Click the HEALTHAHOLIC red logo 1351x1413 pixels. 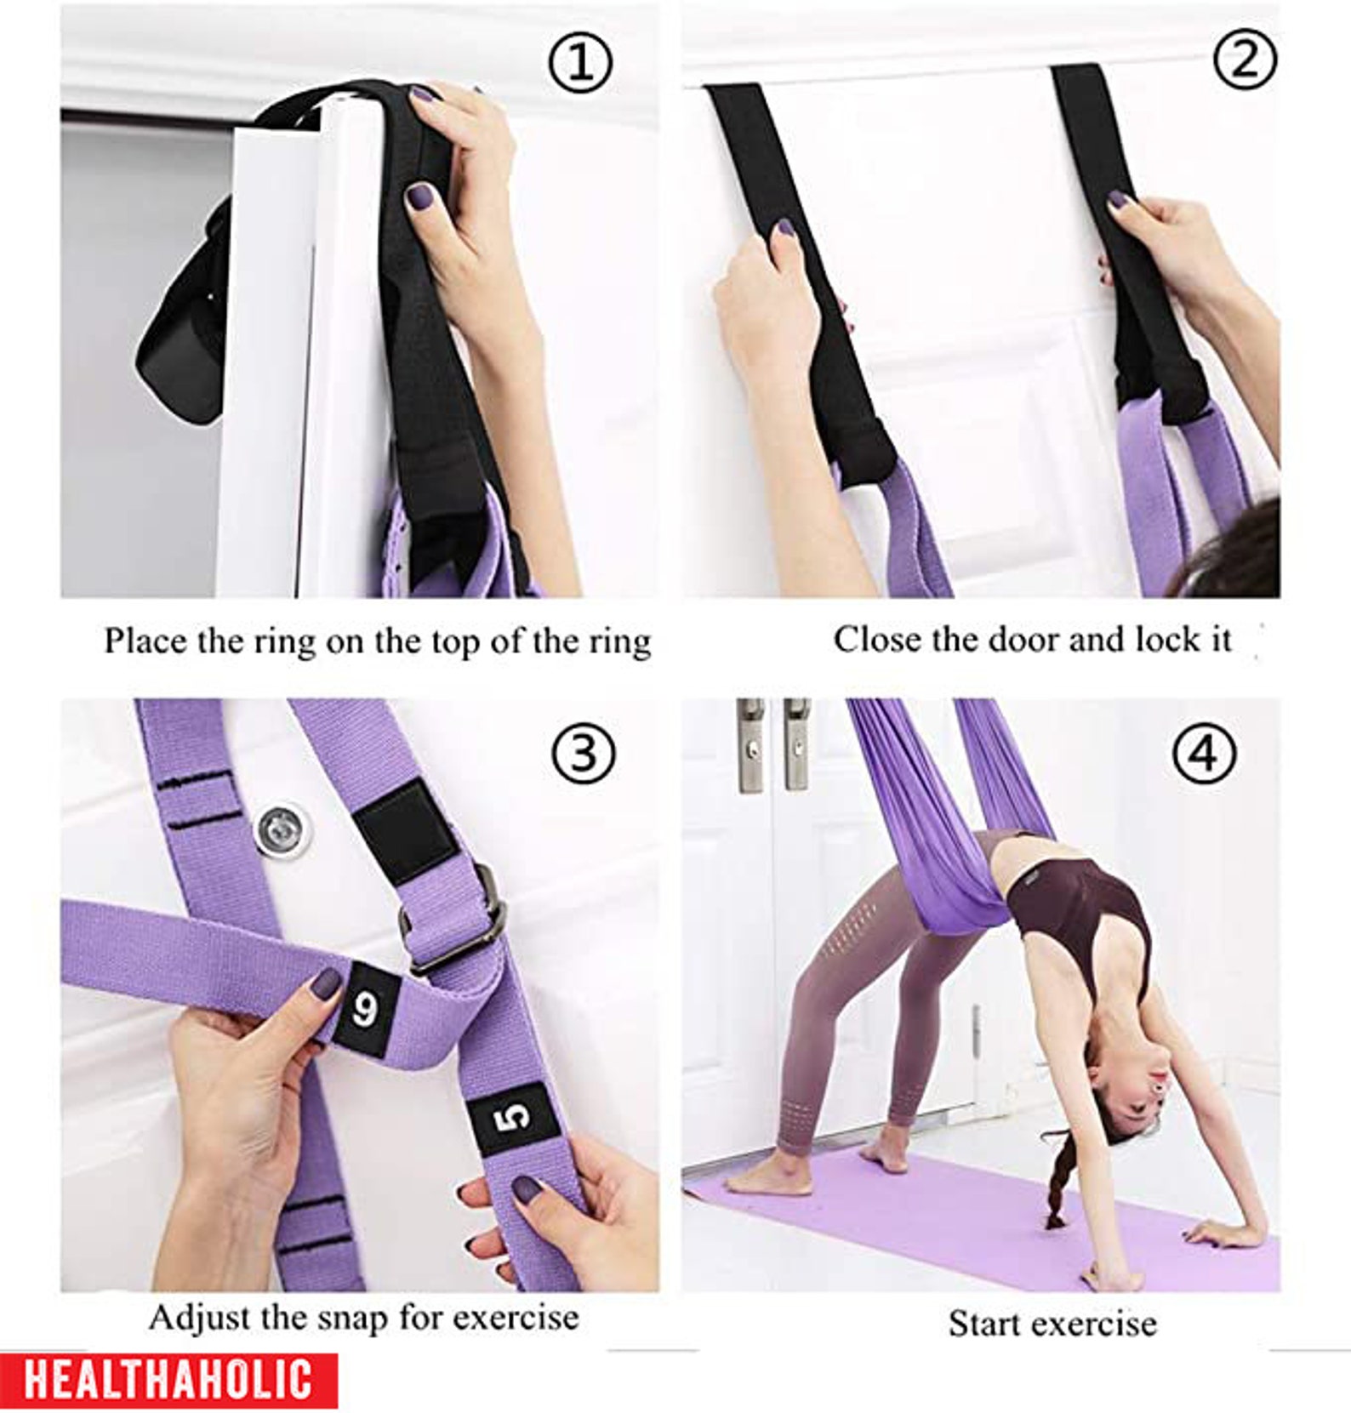point(168,1380)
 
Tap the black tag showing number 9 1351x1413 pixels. point(365,1010)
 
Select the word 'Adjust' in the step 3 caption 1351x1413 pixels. point(200,1318)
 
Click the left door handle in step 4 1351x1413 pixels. point(750,746)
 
